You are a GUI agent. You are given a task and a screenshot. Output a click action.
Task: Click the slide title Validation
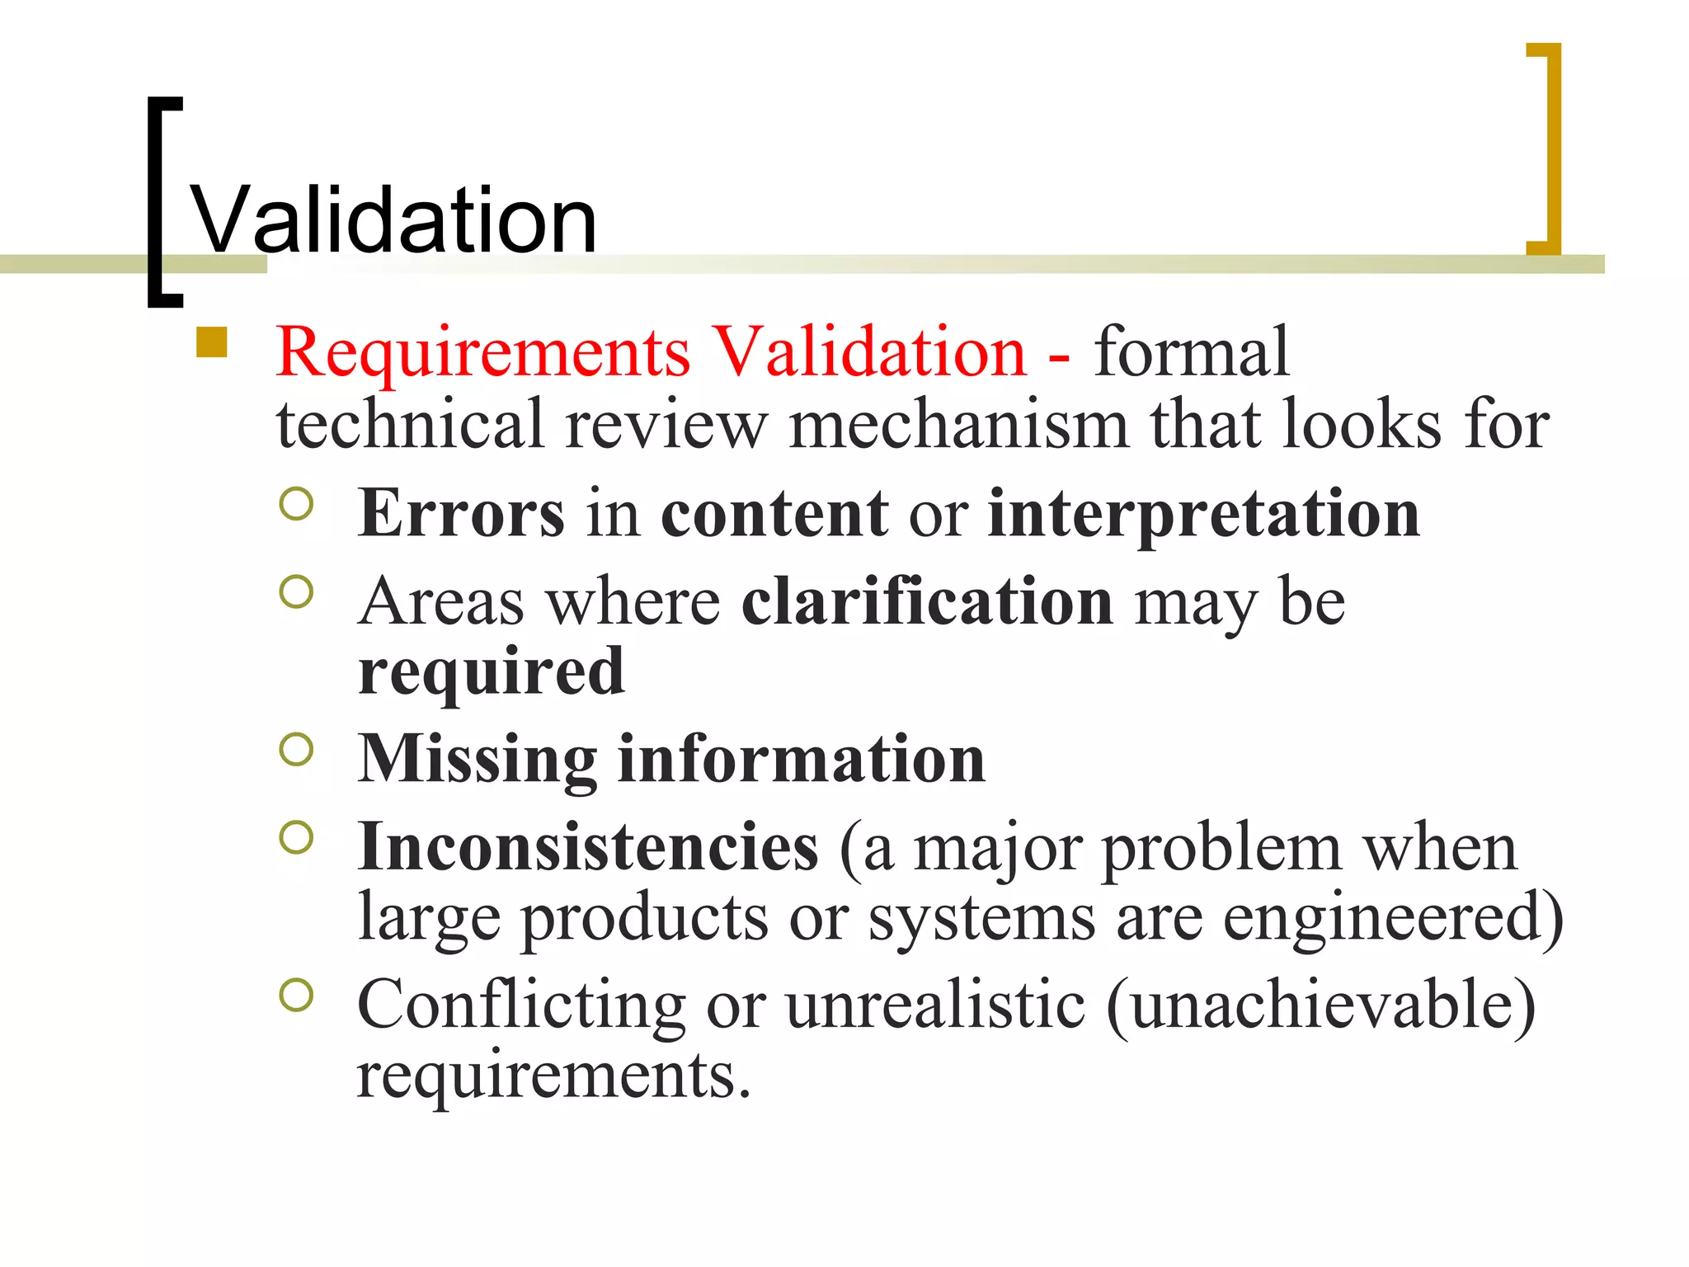(393, 220)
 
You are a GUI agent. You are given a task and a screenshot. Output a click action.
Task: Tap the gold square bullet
(212, 342)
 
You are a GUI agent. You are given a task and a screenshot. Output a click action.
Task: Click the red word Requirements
(483, 352)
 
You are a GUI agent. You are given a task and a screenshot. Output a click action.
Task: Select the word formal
(1191, 352)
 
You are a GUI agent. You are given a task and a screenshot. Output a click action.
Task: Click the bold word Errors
(461, 513)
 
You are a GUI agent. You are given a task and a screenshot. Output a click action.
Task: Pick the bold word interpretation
(1203, 515)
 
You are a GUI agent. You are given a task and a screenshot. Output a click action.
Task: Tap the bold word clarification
(927, 601)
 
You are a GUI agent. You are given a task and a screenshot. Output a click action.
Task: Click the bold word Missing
(478, 760)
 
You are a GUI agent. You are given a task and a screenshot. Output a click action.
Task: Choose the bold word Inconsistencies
(588, 847)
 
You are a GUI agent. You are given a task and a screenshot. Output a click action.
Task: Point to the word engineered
(1392, 917)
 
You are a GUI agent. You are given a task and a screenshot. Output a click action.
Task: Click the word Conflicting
(521, 1005)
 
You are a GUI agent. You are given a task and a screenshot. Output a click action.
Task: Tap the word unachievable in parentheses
(1320, 1005)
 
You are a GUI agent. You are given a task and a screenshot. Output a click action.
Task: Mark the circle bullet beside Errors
(296, 504)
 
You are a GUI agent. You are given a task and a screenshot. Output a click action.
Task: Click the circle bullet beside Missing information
(296, 749)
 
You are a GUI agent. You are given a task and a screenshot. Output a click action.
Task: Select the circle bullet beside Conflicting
(296, 995)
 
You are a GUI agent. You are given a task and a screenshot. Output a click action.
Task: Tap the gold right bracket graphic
(1550, 148)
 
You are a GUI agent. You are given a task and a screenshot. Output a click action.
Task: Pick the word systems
(981, 919)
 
